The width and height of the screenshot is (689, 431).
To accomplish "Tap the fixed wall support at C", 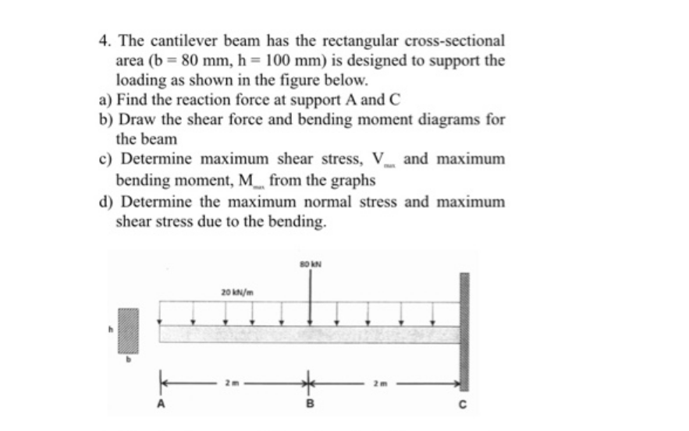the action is tap(464, 331).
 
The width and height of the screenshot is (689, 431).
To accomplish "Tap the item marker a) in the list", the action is tap(104, 100).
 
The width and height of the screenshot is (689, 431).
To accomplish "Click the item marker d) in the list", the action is tap(105, 201).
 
